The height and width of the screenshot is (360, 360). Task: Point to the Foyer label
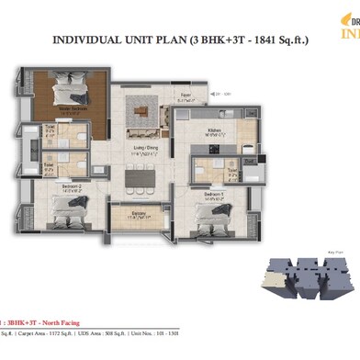[x=184, y=94]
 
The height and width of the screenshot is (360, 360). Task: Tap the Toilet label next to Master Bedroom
[x=50, y=131]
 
